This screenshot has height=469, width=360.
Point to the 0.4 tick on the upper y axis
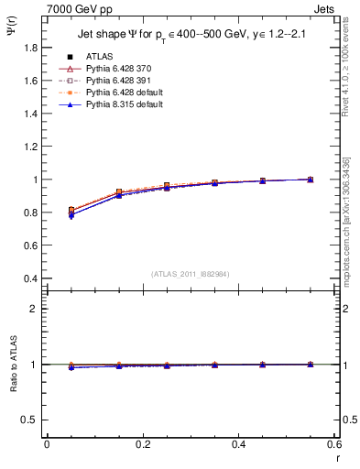pos(28,278)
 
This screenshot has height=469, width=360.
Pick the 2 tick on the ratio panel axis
pos(34,309)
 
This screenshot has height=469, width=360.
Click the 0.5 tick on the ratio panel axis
pos(28,420)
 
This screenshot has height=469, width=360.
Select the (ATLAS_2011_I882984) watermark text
pos(191,274)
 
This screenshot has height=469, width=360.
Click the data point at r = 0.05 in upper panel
pos(71,211)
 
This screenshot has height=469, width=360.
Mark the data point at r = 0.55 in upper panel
pos(311,180)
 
